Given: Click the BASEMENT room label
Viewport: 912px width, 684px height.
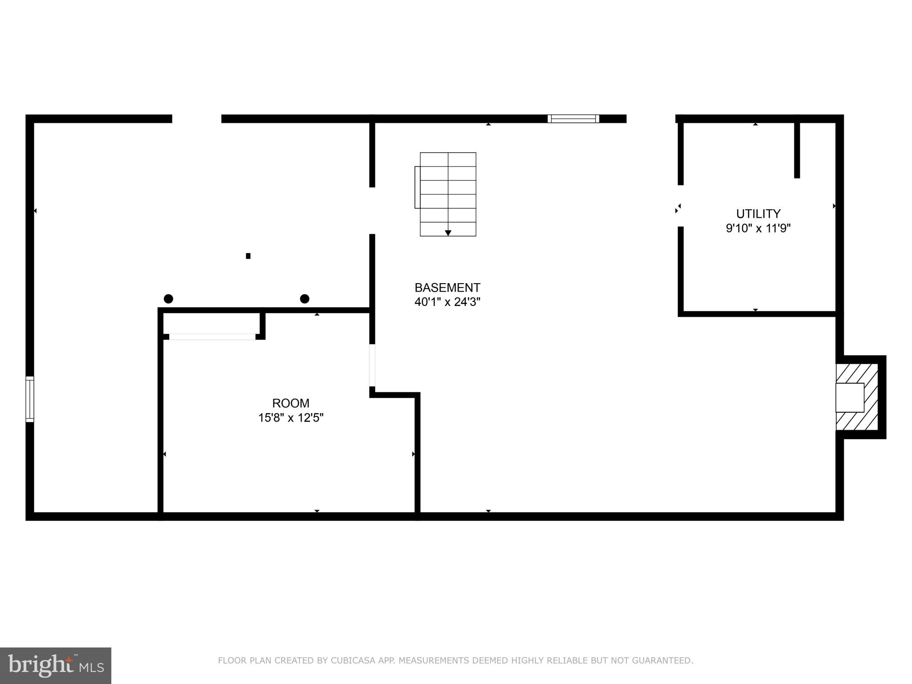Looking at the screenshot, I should [x=447, y=287].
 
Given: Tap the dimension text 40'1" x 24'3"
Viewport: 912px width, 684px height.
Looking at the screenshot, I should [x=447, y=302].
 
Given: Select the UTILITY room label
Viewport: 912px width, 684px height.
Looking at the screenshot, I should [x=758, y=213].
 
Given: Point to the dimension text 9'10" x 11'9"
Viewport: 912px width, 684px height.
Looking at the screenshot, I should [x=758, y=228].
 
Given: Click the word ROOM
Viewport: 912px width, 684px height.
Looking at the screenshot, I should [x=290, y=403].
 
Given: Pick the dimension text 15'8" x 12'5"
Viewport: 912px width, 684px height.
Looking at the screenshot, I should [x=290, y=418].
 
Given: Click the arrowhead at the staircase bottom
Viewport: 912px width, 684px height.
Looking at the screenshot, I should [x=448, y=233].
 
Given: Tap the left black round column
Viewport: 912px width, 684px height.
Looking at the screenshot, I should [x=168, y=298].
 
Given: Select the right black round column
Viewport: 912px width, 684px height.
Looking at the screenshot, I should [x=305, y=298].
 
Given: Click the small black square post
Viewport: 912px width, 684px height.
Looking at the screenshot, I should [x=248, y=256].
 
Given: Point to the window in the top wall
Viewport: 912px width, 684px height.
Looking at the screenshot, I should [x=573, y=118].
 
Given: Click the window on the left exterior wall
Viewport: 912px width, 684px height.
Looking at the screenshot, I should [x=30, y=399].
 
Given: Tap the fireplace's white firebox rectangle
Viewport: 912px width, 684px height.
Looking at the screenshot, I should [x=850, y=397].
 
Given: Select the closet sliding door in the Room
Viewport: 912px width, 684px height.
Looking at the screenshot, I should [x=212, y=337].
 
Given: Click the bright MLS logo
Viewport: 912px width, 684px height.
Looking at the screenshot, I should [x=55, y=665].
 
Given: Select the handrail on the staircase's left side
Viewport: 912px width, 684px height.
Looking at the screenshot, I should [x=417, y=187].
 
